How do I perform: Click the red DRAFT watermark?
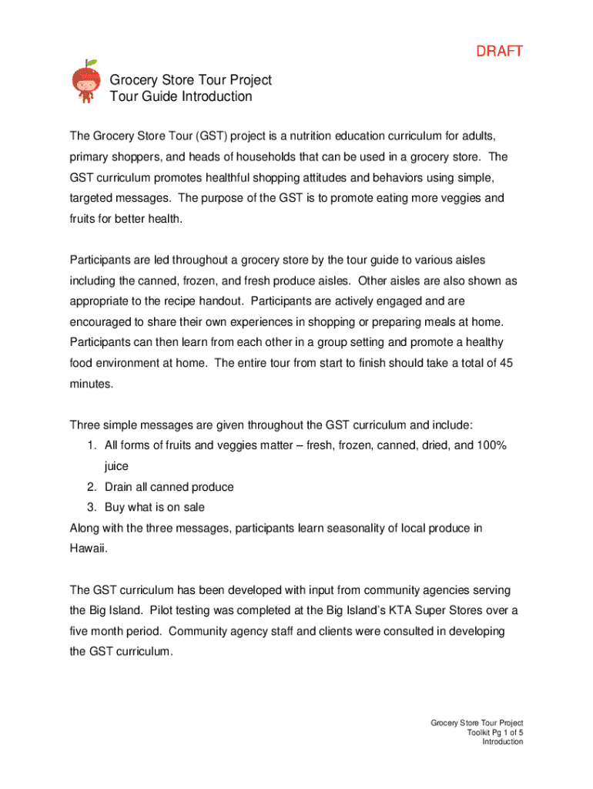[499, 52]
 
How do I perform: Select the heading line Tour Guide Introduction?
[181, 97]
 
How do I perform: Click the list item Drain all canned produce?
[169, 488]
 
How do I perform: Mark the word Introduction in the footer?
[502, 742]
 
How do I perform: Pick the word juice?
[116, 467]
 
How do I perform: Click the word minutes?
[91, 383]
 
